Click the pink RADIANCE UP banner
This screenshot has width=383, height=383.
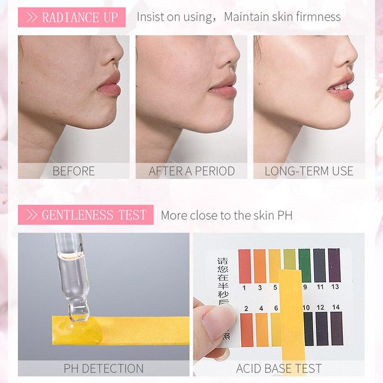tap(72, 17)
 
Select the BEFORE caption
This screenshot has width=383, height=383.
tap(74, 171)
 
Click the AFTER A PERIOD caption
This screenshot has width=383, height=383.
tap(191, 171)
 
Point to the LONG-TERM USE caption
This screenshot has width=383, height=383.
tap(309, 171)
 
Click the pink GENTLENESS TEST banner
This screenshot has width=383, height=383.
tap(86, 215)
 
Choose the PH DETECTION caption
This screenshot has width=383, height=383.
tap(103, 368)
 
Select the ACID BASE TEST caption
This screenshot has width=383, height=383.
tap(279, 368)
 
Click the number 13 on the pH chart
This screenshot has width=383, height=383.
tap(334, 287)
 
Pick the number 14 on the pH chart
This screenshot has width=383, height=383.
tap(336, 308)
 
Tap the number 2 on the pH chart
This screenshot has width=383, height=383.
tap(246, 308)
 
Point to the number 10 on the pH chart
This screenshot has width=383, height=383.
tap(306, 308)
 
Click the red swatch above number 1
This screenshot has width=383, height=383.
tap(245, 266)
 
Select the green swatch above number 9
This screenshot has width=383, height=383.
tap(304, 265)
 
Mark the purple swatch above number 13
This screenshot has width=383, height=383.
tap(334, 265)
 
